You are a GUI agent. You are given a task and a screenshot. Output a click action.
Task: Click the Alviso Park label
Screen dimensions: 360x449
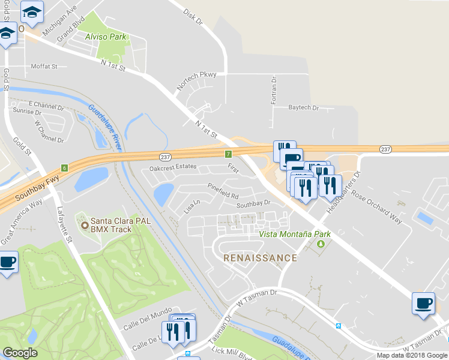(x=106, y=37)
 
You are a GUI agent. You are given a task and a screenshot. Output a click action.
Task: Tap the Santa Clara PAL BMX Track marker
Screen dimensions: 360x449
(x=85, y=226)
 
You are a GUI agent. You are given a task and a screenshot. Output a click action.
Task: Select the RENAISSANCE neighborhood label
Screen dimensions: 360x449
(x=260, y=258)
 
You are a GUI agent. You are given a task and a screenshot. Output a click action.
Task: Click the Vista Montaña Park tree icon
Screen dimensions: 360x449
(x=321, y=244)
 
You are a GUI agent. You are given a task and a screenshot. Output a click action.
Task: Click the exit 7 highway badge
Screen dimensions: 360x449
(x=229, y=155)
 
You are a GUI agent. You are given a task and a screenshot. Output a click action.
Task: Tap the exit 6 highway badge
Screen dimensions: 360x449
(x=64, y=168)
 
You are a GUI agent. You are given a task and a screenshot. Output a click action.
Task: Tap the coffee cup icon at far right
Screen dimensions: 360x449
(x=423, y=304)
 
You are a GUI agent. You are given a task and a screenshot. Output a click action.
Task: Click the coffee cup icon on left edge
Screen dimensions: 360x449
(x=8, y=263)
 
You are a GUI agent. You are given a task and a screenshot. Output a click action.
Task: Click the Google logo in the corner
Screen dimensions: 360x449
(x=20, y=352)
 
